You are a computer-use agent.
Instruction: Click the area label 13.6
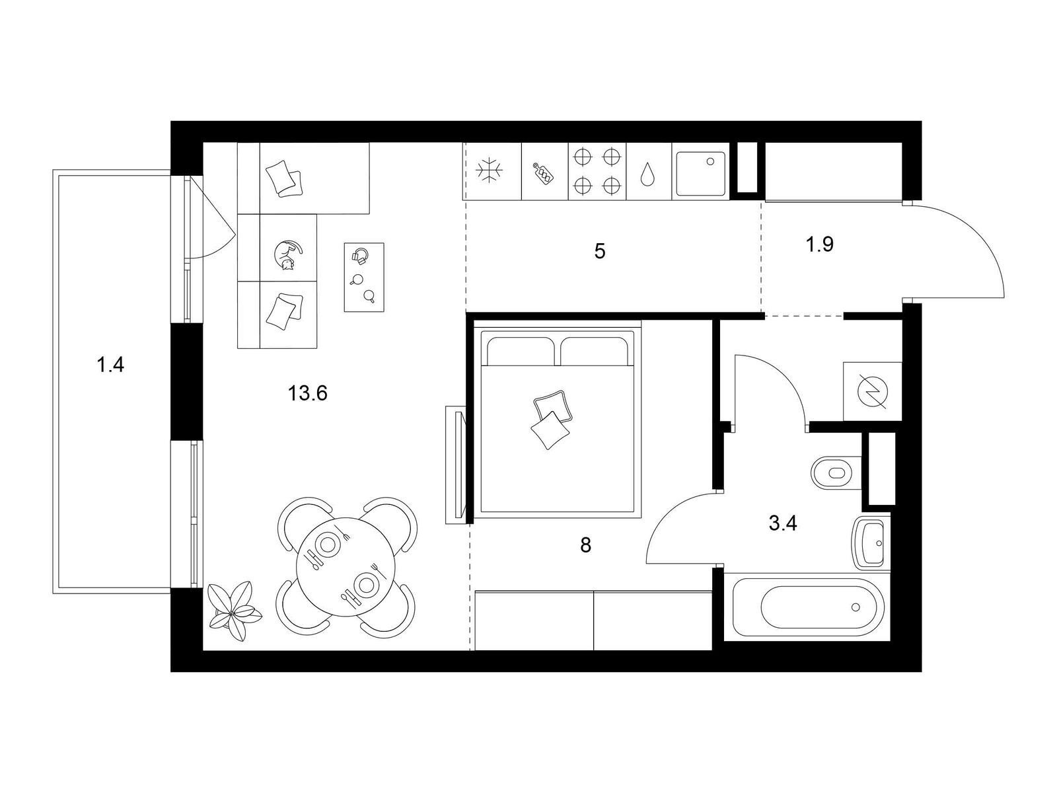point(307,393)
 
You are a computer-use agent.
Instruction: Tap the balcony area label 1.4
point(110,365)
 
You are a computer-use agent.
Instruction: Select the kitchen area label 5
point(600,251)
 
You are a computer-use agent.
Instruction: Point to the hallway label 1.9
point(820,244)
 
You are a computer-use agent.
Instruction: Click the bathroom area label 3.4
point(783,523)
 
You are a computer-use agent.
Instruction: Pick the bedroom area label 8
point(585,545)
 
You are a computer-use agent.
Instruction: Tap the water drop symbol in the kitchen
point(647,174)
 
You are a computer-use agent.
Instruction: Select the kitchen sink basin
point(700,174)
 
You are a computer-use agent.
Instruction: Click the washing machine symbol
point(872,392)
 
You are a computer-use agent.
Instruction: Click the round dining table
point(346,566)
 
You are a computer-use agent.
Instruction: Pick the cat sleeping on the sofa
point(287,255)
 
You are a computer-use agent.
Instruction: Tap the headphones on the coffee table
point(360,254)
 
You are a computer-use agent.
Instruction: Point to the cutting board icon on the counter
point(544,173)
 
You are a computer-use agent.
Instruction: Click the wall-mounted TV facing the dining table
point(456,465)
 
